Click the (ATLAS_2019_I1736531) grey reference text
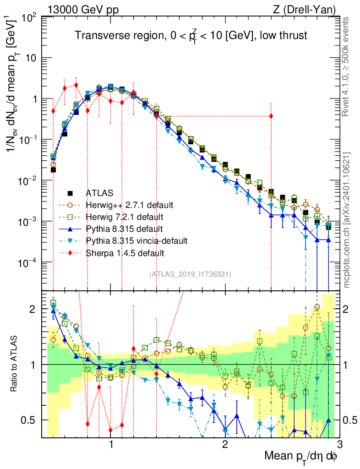click(190, 274)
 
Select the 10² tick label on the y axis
click(30, 18)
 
